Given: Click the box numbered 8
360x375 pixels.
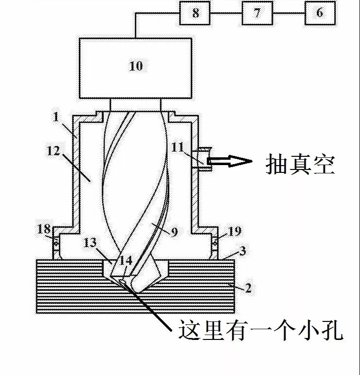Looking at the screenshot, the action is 195,13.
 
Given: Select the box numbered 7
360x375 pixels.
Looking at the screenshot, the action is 257,13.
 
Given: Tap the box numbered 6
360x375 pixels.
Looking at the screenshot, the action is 320,13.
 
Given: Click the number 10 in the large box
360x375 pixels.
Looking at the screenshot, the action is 136,66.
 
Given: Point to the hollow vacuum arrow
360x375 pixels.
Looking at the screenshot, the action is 229,161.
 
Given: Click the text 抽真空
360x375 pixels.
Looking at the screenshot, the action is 300,164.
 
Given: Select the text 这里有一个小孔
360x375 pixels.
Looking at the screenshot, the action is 261,330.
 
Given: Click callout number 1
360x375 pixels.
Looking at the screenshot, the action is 56,117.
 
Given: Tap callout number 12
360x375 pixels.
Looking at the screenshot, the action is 54,151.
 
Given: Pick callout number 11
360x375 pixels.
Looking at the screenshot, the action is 178,147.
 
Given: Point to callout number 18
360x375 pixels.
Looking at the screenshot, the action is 44,229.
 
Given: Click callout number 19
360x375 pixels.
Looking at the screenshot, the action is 235,231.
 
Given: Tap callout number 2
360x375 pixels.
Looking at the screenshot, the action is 248,288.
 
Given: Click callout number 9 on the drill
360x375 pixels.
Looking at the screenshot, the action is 175,231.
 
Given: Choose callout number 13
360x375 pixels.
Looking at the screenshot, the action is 90,243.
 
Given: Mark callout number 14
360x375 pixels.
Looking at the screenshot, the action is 126,260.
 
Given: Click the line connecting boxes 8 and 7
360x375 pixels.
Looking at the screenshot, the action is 226,13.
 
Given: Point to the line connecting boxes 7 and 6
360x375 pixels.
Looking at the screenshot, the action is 288,13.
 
